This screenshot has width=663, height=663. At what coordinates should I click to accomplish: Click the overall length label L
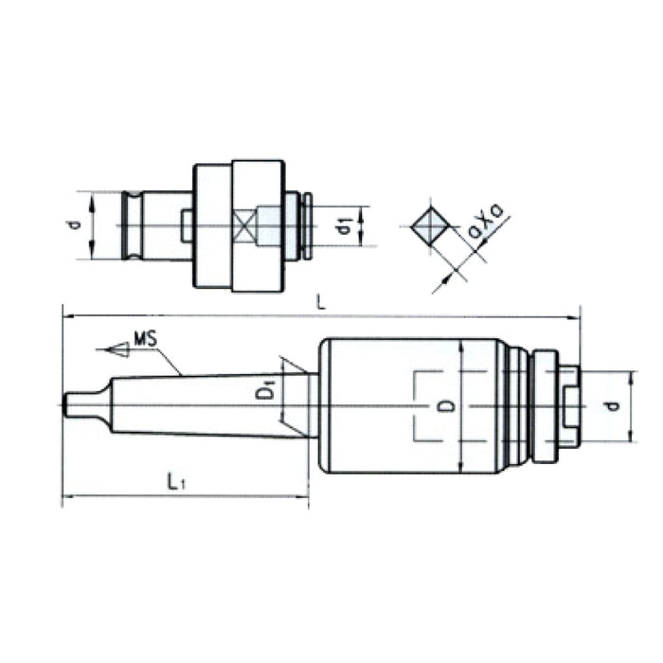coord(322,303)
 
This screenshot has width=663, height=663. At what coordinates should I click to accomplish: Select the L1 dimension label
coord(174,482)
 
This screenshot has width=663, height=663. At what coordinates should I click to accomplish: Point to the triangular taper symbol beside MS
coord(116,349)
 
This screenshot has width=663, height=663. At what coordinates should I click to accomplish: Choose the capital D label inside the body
coord(452,406)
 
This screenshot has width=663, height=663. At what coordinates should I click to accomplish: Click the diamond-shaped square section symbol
coord(432,226)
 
